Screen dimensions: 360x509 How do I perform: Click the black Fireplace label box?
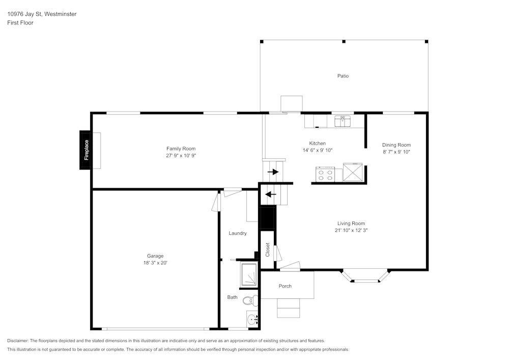coord(86,150)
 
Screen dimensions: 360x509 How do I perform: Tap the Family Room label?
coord(181,149)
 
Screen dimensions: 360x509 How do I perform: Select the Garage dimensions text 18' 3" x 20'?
coord(155,263)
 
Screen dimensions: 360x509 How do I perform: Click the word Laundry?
coord(238,233)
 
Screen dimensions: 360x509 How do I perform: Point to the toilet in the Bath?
coord(248,300)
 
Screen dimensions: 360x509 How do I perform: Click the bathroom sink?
coord(252,320)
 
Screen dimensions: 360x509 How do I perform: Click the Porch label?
coord(285,286)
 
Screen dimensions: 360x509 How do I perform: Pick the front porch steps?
coord(288,308)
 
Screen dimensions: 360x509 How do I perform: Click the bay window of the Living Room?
coord(365,276)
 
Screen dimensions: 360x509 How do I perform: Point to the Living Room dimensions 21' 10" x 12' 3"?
coord(351,230)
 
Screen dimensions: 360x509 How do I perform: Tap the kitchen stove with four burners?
coord(325,175)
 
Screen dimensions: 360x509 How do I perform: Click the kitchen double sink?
coord(343,121)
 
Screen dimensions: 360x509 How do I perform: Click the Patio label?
coord(343,76)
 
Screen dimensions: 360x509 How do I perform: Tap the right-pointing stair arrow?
coord(273,172)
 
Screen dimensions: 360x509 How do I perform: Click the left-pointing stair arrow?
coord(271,194)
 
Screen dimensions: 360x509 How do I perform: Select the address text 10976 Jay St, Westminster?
coord(42,14)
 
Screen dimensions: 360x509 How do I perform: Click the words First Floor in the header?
coord(20,23)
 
